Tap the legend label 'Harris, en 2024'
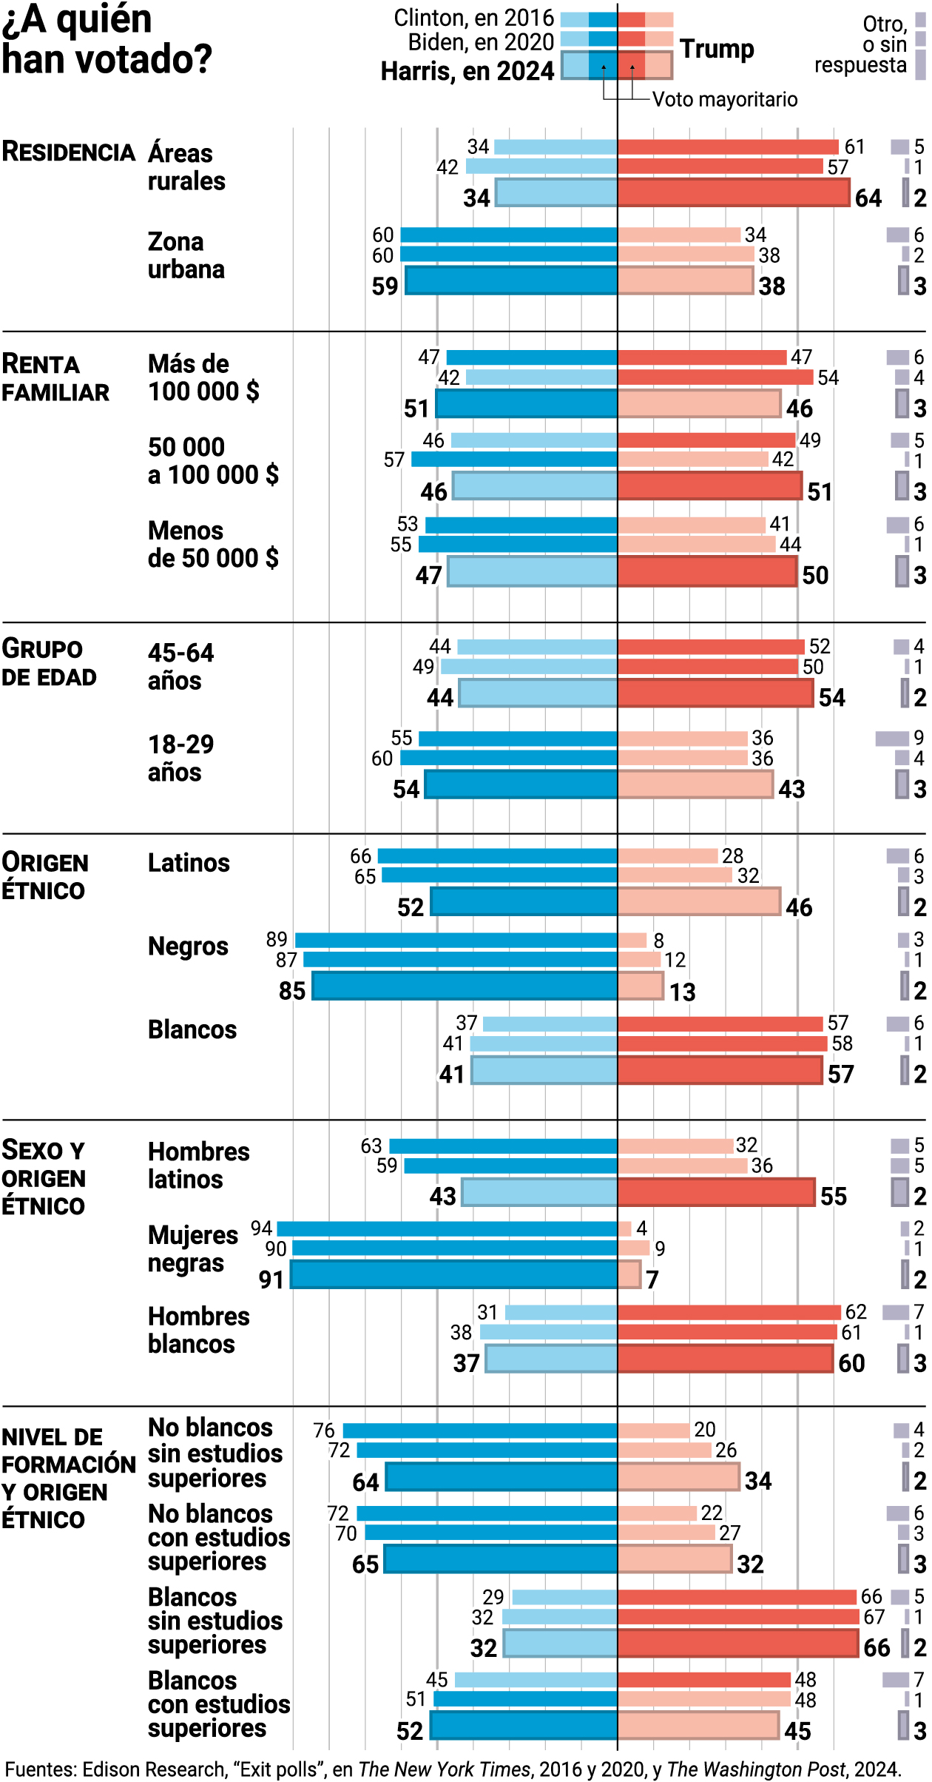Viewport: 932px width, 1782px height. pyautogui.click(x=467, y=71)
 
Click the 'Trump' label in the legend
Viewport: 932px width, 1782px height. pyautogui.click(x=717, y=49)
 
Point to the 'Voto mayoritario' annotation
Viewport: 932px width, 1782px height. pyautogui.click(x=725, y=99)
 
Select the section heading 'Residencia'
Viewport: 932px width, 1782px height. pyautogui.click(x=69, y=152)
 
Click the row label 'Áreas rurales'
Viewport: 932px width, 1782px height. pyautogui.click(x=186, y=167)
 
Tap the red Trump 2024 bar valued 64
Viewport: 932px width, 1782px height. pyautogui.click(x=733, y=193)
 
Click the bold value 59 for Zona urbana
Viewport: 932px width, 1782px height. pyautogui.click(x=385, y=286)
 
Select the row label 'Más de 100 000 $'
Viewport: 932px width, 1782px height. pyautogui.click(x=203, y=377)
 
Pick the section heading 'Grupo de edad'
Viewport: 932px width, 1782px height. pyautogui.click(x=49, y=662)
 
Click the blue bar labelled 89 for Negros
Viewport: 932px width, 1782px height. pyautogui.click(x=456, y=940)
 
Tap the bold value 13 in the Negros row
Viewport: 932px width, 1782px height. pyautogui.click(x=683, y=992)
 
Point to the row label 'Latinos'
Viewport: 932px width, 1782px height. pyautogui.click(x=189, y=863)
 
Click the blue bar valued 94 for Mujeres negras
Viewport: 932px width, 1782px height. pyautogui.click(x=447, y=1228)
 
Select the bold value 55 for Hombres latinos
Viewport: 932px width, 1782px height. pyautogui.click(x=834, y=1196)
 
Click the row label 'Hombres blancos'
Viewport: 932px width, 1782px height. pyautogui.click(x=199, y=1330)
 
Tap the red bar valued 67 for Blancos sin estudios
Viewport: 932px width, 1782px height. pyautogui.click(x=738, y=1617)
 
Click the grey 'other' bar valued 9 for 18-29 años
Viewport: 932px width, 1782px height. pyautogui.click(x=892, y=738)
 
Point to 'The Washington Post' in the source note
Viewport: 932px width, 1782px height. pyautogui.click(x=756, y=1769)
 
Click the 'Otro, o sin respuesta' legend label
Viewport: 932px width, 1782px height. pyautogui.click(x=861, y=44)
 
